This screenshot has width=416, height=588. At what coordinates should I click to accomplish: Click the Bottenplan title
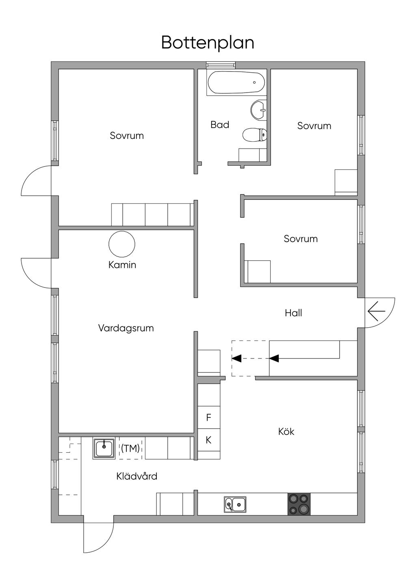click(208, 43)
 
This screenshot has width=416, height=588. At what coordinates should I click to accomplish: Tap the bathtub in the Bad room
click(236, 82)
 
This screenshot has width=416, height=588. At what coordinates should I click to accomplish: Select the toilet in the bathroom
click(255, 135)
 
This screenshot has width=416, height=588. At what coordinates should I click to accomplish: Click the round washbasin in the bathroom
click(259, 110)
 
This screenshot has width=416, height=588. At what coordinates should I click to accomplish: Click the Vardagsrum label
click(126, 328)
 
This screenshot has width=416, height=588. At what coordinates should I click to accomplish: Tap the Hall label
click(293, 313)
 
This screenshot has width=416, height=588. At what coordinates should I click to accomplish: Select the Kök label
click(286, 431)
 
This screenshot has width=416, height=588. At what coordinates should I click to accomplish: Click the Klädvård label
click(136, 476)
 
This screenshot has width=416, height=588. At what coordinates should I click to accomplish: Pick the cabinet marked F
click(209, 417)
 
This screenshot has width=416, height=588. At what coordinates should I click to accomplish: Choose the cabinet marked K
click(209, 440)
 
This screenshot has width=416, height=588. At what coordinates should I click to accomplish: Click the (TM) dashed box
click(130, 448)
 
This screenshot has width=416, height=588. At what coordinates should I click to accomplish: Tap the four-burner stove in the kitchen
click(299, 504)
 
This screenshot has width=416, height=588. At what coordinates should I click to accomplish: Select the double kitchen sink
click(235, 504)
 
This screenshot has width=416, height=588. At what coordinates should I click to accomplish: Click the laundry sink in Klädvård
click(104, 448)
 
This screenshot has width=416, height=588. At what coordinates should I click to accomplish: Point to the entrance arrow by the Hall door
click(376, 311)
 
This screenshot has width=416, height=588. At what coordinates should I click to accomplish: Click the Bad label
click(220, 125)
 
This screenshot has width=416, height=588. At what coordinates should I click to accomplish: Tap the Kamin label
click(122, 265)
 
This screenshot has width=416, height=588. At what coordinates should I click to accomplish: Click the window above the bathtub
click(221, 65)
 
